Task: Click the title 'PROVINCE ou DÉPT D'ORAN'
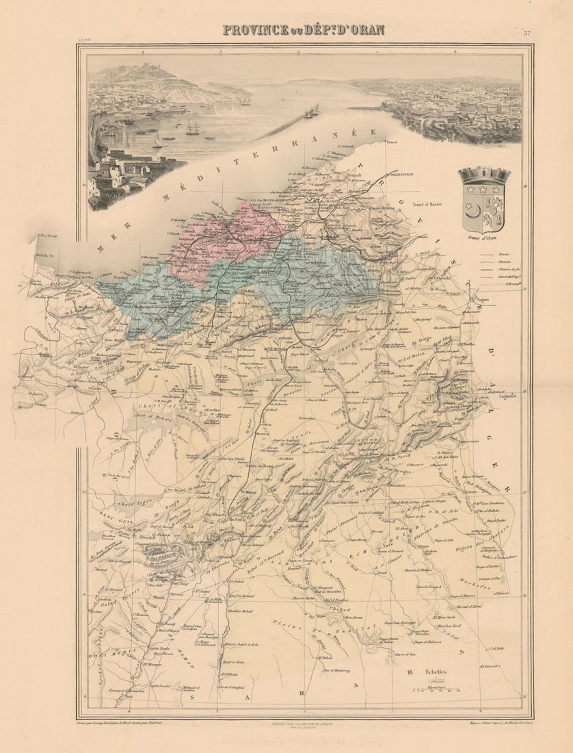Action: pyautogui.click(x=304, y=30)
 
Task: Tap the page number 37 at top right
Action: pyautogui.click(x=527, y=33)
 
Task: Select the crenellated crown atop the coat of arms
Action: pyautogui.click(x=484, y=175)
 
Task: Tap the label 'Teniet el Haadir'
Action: pyautogui.click(x=428, y=204)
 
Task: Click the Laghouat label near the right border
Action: pyautogui.click(x=507, y=395)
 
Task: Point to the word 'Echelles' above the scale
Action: pyautogui.click(x=433, y=672)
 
